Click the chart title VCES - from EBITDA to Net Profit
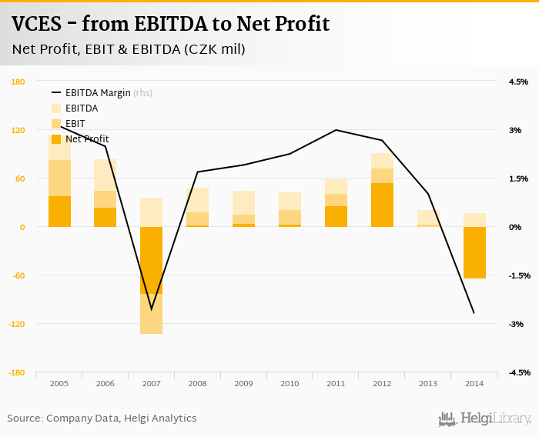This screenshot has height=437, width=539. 171,24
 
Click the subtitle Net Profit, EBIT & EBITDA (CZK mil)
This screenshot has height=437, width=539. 129,49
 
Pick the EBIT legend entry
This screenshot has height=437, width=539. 75,124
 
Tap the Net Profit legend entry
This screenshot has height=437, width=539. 87,139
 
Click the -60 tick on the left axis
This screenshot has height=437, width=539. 18,275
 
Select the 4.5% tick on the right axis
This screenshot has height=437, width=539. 518,82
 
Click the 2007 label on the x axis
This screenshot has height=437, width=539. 151,383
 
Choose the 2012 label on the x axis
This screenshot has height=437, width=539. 382,383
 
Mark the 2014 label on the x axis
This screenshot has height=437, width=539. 474,383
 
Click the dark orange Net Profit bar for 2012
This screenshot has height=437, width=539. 382,205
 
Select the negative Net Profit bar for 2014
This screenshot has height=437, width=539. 474,252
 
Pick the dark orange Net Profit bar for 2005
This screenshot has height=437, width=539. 59,212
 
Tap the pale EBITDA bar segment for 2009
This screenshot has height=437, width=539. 243,202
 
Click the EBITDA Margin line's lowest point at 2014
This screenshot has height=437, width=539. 474,312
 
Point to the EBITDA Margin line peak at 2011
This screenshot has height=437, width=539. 336,130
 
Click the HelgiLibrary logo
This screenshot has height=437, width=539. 485,419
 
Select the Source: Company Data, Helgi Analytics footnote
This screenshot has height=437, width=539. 102,419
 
